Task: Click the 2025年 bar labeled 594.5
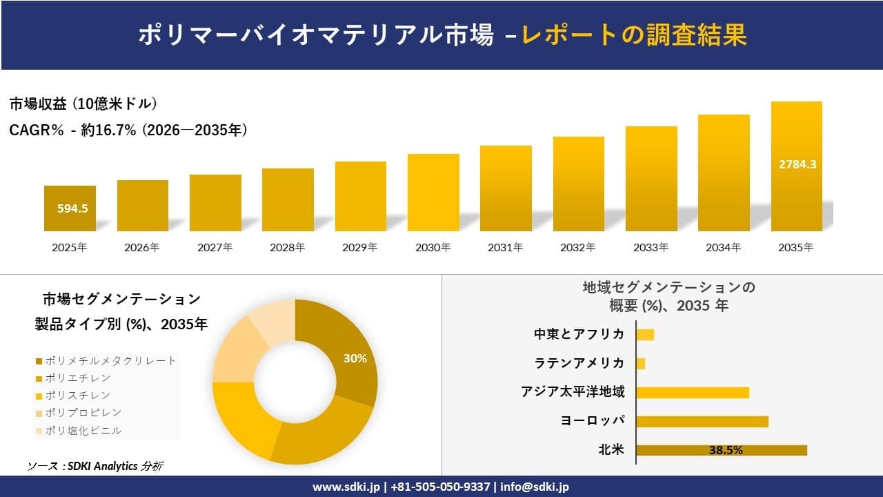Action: (x=70, y=208)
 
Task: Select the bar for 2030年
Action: (x=433, y=193)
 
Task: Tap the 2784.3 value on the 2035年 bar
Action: (x=797, y=164)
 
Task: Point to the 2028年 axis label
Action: (x=287, y=248)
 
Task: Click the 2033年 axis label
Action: (x=651, y=248)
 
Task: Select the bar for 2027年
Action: (x=215, y=203)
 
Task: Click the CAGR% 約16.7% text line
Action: (x=128, y=130)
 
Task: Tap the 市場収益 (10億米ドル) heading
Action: (x=83, y=104)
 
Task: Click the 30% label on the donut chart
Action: (x=355, y=358)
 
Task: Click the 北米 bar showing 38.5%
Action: (x=721, y=450)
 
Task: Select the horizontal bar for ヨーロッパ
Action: (x=702, y=421)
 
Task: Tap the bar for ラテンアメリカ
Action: (x=641, y=363)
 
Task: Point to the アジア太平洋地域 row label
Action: (x=573, y=392)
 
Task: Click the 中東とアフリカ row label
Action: (x=579, y=334)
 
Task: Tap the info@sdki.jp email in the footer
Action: (x=535, y=487)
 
